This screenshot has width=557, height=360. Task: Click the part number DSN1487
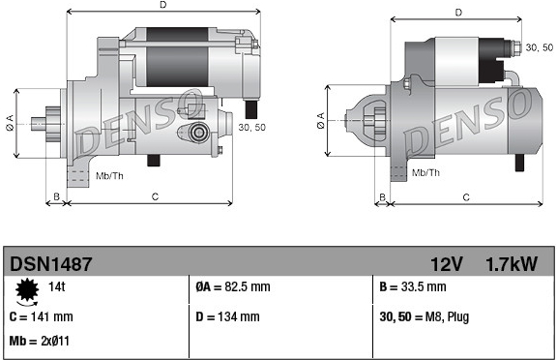coord(51,264)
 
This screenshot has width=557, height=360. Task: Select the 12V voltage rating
coord(447,264)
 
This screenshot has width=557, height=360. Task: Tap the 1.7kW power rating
coord(512,264)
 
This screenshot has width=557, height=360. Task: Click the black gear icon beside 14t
coord(27,290)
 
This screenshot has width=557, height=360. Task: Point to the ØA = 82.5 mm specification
coord(233,286)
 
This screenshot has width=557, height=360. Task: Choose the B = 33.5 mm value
coord(412,286)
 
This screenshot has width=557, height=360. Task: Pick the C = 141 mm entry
coord(42,316)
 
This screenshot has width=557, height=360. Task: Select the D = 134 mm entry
coord(227,316)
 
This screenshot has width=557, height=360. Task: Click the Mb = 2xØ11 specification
coord(40,341)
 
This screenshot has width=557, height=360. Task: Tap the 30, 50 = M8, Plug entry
coord(425,316)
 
